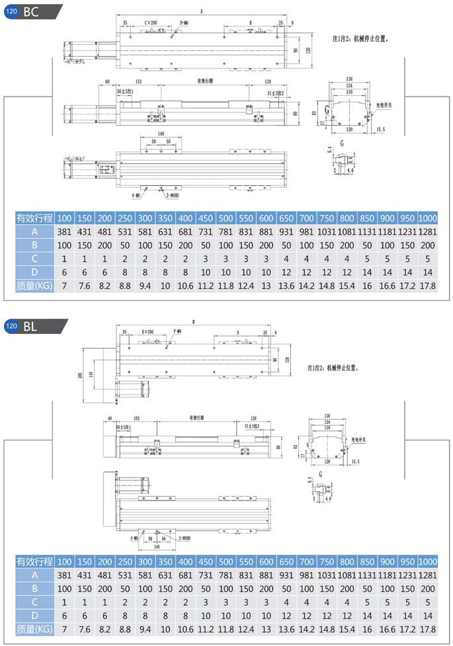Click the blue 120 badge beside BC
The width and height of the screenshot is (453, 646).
(11, 11)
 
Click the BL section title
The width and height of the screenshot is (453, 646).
(31, 326)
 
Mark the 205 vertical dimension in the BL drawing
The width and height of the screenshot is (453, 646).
(81, 377)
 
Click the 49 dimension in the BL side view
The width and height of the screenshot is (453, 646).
(109, 419)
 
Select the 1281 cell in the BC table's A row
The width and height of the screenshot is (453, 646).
(428, 231)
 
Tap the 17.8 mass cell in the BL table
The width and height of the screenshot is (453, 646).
(428, 628)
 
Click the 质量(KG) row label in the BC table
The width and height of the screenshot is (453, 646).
(34, 285)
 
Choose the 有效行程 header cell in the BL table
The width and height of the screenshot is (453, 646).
(34, 562)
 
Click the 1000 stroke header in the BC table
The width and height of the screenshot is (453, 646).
(428, 218)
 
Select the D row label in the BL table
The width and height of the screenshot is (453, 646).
(34, 615)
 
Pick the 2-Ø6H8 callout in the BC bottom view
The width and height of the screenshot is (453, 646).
(173, 196)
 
